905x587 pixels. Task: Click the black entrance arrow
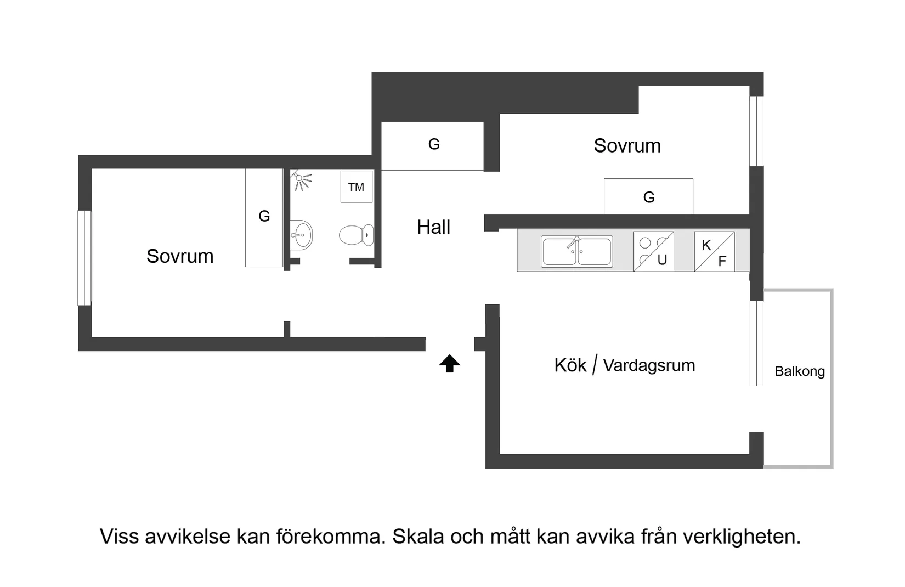[x=449, y=364]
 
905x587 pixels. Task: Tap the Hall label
[x=433, y=227]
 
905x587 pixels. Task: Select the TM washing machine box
[x=356, y=187]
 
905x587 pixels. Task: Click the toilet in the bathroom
[x=356, y=235]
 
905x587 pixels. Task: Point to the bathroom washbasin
[x=301, y=235]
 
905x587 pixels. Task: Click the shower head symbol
[x=301, y=179]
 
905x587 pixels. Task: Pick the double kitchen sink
[x=576, y=252]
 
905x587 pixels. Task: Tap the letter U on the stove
[x=662, y=260]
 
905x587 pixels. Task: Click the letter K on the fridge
[x=706, y=245]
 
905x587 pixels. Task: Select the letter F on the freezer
[x=722, y=262]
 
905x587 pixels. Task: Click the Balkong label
[x=799, y=371]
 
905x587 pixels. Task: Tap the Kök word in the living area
[x=570, y=365]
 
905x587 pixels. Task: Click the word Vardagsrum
[x=649, y=365]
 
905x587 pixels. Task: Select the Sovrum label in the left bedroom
[x=180, y=256]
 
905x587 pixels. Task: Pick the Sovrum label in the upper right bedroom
[x=627, y=146]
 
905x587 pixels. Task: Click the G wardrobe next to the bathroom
[x=264, y=216]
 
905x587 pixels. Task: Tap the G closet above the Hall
[x=433, y=144]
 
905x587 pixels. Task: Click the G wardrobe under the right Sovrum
[x=648, y=197]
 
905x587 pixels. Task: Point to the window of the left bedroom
[x=84, y=258]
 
